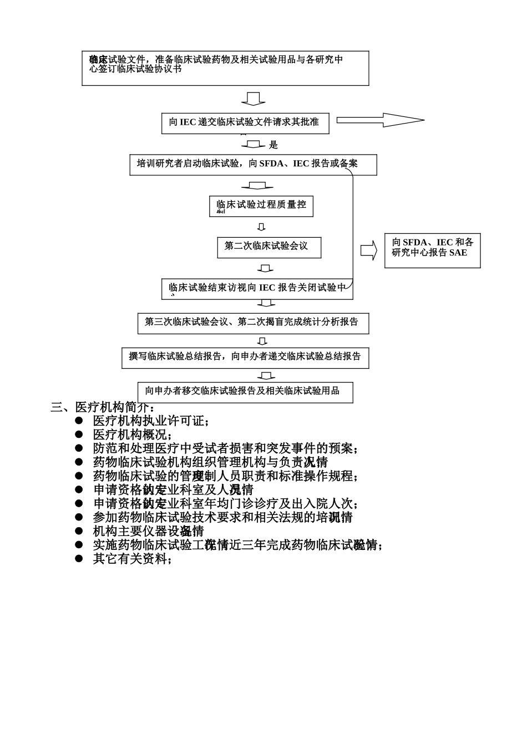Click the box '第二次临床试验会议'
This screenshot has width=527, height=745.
[269, 247]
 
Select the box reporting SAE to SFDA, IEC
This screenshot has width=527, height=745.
[432, 251]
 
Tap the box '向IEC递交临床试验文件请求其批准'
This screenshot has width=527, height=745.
[245, 123]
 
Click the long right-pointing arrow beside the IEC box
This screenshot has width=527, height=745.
[381, 120]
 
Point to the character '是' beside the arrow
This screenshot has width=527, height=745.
[273, 145]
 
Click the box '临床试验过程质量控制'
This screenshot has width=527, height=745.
[261, 206]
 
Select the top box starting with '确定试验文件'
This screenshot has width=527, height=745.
[225, 68]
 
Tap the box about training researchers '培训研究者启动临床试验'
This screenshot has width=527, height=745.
[253, 165]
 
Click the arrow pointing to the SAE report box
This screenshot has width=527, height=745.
[368, 250]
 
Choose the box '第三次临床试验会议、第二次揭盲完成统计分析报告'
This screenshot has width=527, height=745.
[253, 323]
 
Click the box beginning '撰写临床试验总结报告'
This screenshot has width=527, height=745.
[245, 358]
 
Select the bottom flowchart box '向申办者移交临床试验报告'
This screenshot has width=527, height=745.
[245, 392]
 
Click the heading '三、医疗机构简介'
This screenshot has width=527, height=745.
[103, 407]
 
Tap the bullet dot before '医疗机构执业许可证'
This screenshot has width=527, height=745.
[79, 421]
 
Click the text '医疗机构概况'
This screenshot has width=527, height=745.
[133, 435]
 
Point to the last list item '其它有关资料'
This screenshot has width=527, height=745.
[133, 559]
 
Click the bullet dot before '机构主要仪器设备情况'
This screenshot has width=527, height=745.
[79, 531]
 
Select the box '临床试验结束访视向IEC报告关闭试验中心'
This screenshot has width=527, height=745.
[257, 289]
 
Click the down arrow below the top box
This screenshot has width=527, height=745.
[253, 99]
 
